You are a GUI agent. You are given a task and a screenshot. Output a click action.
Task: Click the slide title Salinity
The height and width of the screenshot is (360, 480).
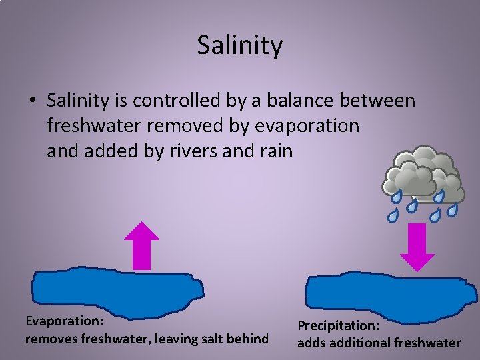click(x=240, y=45)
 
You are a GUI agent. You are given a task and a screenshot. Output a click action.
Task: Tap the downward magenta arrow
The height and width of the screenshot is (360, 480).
click(x=417, y=247)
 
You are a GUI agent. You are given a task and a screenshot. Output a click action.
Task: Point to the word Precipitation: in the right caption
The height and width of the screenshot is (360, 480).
click(x=338, y=325)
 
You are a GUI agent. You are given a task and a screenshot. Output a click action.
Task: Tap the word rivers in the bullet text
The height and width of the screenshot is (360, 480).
click(x=192, y=151)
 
